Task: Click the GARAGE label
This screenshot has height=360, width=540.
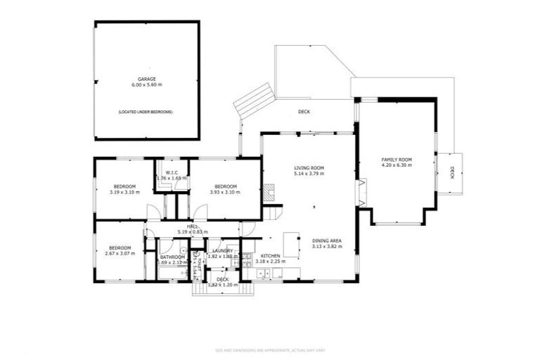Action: [x=146, y=79]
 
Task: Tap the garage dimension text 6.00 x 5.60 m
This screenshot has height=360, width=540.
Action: [x=146, y=85]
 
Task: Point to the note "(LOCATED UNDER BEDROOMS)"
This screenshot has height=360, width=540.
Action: [x=146, y=112]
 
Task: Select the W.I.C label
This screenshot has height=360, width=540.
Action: [x=171, y=173]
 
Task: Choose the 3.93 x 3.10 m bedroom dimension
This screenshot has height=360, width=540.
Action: [x=224, y=192]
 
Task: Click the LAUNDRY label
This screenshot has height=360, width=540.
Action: [x=222, y=251]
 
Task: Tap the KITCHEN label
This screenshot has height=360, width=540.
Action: [x=271, y=256]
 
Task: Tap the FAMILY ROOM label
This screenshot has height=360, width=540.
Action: [x=397, y=160]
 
